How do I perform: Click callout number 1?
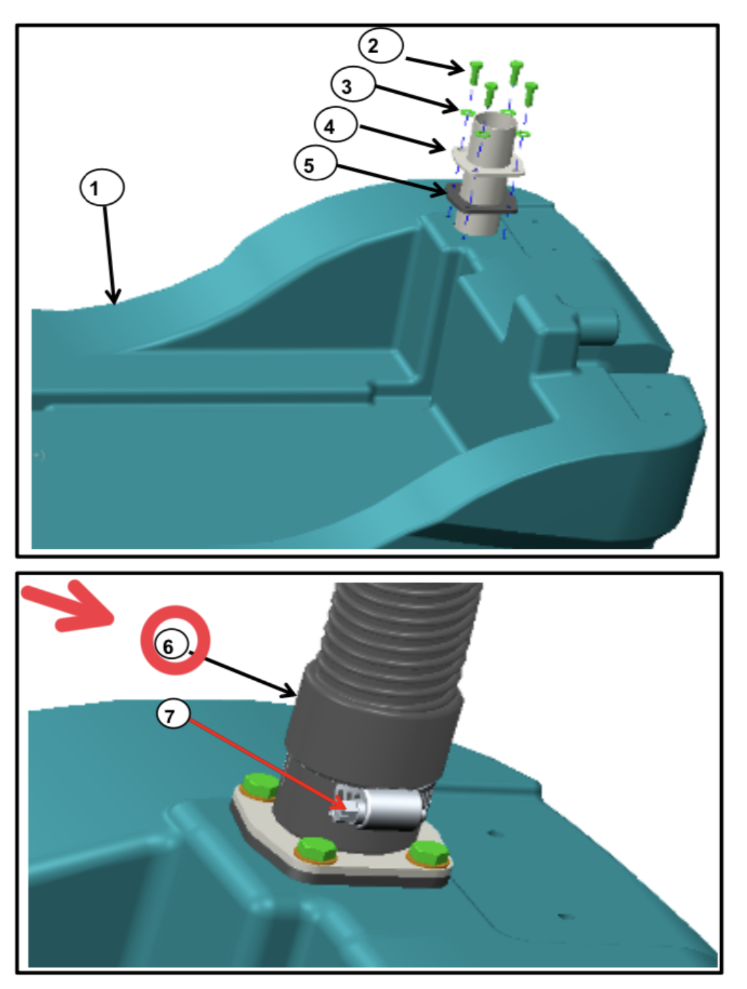[x=102, y=187]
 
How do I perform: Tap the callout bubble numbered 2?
[x=380, y=45]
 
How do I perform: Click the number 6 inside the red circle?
[x=167, y=647]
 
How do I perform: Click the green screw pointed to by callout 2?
[x=475, y=72]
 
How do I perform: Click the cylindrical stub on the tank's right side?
[x=599, y=324]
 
